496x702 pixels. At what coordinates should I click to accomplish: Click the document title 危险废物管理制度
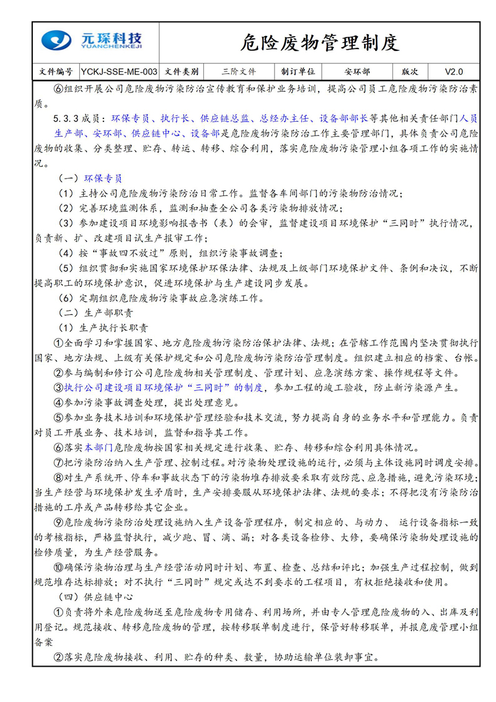pos(319,43)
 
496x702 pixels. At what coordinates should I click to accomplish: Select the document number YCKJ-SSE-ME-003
pos(119,71)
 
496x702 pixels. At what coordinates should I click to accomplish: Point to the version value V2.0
pos(454,71)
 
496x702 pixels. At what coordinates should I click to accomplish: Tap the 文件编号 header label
pos(55,71)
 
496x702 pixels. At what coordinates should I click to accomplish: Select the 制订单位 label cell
pos(298,71)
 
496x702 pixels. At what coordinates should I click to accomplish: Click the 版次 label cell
pos(410,71)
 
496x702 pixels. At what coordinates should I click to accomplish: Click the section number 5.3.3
pos(66,118)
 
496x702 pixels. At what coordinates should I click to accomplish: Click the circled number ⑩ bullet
pos(59,566)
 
